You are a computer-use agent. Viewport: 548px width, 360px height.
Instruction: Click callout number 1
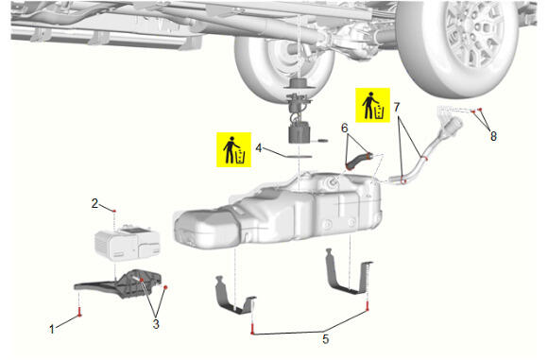[52, 329]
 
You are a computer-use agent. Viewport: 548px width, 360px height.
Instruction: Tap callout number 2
[94, 203]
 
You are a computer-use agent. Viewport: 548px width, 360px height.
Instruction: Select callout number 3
[156, 324]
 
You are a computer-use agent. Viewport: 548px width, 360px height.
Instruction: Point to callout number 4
[259, 148]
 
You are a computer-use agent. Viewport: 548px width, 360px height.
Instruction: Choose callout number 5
[326, 338]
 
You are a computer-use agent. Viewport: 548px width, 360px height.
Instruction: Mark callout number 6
[345, 129]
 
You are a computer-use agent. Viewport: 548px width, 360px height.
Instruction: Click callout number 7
[396, 107]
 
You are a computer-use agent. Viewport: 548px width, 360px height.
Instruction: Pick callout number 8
[493, 136]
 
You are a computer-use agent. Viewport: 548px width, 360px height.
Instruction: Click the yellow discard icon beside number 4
[233, 149]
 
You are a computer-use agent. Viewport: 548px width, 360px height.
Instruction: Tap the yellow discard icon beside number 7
[372, 105]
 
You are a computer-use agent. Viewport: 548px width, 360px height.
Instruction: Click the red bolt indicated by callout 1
[80, 312]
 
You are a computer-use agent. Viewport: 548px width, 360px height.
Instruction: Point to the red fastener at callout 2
[114, 211]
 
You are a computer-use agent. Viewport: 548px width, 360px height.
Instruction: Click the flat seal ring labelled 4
[300, 156]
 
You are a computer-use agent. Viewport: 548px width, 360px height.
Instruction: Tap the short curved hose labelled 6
[359, 161]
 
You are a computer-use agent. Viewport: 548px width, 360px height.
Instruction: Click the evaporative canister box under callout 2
[128, 242]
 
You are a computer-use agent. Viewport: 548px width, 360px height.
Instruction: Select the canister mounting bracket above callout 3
[118, 284]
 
